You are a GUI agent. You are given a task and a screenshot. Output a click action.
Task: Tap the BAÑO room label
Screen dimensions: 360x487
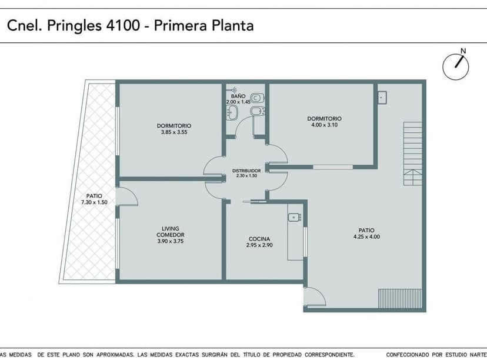pyautogui.click(x=238, y=96)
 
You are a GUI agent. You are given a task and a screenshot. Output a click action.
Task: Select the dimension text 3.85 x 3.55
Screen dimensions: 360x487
pyautogui.click(x=174, y=132)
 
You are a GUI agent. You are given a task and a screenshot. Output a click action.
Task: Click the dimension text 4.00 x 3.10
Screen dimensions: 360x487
pyautogui.click(x=324, y=125)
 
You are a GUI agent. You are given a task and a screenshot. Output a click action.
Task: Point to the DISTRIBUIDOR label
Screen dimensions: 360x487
pyautogui.click(x=246, y=170)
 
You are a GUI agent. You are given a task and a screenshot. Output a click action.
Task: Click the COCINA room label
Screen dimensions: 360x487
pyautogui.click(x=259, y=239)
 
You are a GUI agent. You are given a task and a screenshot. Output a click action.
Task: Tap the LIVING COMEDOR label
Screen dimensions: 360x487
pyautogui.click(x=171, y=232)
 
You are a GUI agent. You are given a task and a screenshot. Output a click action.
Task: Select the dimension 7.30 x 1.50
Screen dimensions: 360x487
pyautogui.click(x=95, y=202)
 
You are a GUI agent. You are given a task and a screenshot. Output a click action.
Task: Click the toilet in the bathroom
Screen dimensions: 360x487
pyautogui.click(x=257, y=98)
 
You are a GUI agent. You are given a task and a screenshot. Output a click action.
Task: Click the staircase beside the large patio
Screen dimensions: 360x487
pyautogui.click(x=413, y=154)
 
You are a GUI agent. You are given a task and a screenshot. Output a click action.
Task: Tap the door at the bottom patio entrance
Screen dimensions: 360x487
pyautogui.click(x=315, y=296)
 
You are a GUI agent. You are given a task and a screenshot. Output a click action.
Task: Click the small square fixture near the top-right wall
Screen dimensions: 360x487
pyautogui.click(x=382, y=96)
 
